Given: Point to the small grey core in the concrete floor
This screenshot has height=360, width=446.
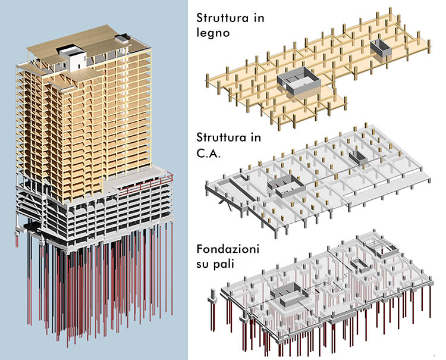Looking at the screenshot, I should (358, 157).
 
